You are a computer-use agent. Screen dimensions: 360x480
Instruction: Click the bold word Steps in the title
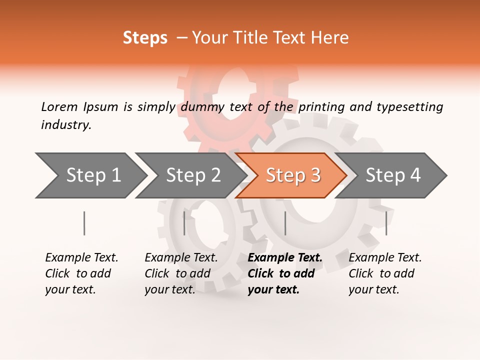(145, 38)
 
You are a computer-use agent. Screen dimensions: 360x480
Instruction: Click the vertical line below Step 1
(84, 223)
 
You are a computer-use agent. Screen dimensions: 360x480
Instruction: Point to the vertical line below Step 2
(184, 223)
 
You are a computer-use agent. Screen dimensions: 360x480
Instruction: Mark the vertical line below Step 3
(285, 223)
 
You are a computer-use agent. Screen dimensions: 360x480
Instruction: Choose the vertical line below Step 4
(386, 223)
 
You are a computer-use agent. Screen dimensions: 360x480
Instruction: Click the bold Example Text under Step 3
(285, 258)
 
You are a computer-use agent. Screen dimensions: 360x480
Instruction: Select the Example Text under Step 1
(81, 258)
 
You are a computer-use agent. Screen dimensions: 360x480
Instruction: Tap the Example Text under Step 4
(385, 258)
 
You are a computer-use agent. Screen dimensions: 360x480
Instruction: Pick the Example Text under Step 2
(181, 258)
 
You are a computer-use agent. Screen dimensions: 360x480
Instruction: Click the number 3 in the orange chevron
(315, 175)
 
